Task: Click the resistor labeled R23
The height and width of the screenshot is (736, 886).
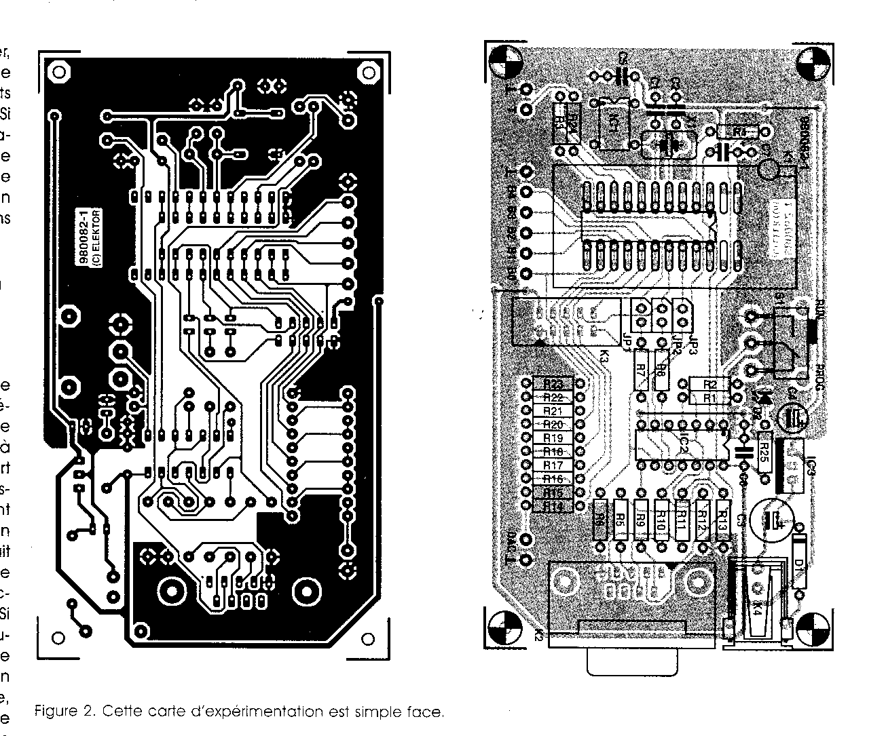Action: [553, 385]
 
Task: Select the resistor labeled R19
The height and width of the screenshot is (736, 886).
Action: [553, 438]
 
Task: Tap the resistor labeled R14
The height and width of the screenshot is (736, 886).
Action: [553, 506]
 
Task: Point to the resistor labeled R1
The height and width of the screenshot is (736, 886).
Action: [709, 398]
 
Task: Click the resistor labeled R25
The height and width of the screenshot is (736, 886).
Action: [764, 448]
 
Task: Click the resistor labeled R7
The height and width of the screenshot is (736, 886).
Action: [640, 370]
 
